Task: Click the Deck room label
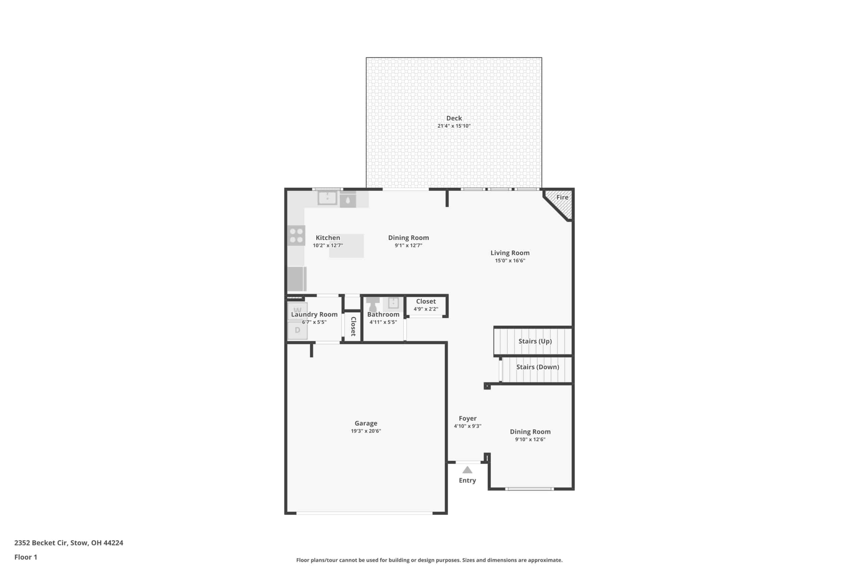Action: pos(454,118)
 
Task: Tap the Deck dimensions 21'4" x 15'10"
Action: pos(454,126)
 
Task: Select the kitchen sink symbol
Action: pos(327,198)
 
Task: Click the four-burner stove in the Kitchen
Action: pos(296,235)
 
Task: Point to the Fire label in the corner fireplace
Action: pos(562,197)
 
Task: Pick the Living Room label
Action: pos(510,253)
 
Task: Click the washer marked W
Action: pos(297,311)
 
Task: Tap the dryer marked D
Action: pos(297,330)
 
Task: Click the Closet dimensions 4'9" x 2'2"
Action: pos(426,309)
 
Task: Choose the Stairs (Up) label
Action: pos(535,341)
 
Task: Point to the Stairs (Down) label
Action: pos(538,367)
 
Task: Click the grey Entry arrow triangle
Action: pos(467,470)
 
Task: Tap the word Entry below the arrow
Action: pos(467,481)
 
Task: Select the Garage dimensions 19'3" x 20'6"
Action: pos(366,431)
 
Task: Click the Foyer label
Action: pos(467,419)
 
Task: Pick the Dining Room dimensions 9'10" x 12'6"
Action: pos(530,439)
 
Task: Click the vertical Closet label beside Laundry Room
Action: pos(353,326)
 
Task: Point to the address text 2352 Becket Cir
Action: pos(41,543)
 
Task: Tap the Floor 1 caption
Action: pos(26,557)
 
